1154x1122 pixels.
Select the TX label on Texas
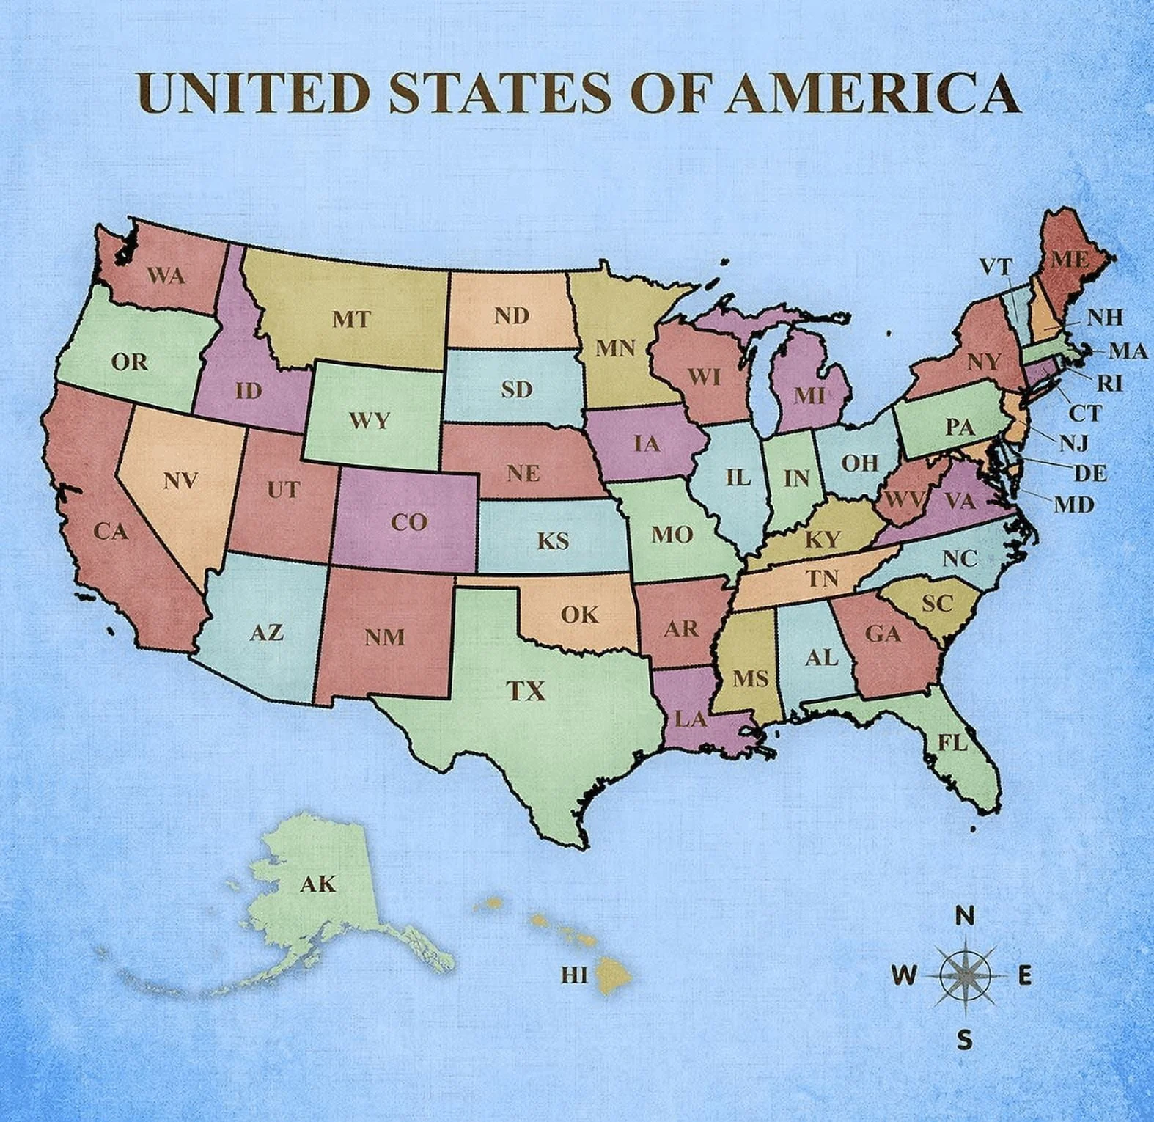pyautogui.click(x=526, y=690)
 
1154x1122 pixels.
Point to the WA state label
pyautogui.click(x=166, y=276)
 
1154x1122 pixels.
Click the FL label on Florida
pyautogui.click(x=952, y=743)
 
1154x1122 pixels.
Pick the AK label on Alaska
pyautogui.click(x=317, y=884)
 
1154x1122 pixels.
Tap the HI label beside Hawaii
pyautogui.click(x=574, y=975)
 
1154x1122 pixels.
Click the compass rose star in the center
pyautogui.click(x=966, y=975)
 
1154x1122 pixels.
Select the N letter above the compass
pyautogui.click(x=966, y=916)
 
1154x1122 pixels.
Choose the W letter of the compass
pyautogui.click(x=904, y=976)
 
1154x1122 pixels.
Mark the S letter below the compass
pyautogui.click(x=966, y=1039)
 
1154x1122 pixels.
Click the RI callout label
pyautogui.click(x=1109, y=383)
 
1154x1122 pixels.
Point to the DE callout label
pyautogui.click(x=1089, y=474)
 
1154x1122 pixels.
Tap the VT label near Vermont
pyautogui.click(x=996, y=267)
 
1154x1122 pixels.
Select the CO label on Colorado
pyautogui.click(x=408, y=522)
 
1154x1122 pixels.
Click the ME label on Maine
pyautogui.click(x=1070, y=260)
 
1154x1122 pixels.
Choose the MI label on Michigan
pyautogui.click(x=809, y=396)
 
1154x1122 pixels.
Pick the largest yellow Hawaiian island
pyautogui.click(x=614, y=975)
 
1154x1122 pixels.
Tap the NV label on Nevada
pyautogui.click(x=180, y=481)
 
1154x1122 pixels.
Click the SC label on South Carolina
pyautogui.click(x=936, y=604)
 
